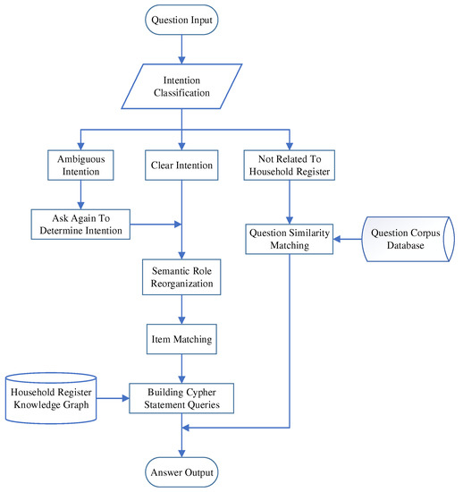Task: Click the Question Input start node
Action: coord(182,20)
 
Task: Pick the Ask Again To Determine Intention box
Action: coord(80,223)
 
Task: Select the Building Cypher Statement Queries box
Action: coord(182,395)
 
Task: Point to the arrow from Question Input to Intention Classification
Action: coord(182,48)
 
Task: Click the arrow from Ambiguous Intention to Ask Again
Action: coord(80,197)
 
